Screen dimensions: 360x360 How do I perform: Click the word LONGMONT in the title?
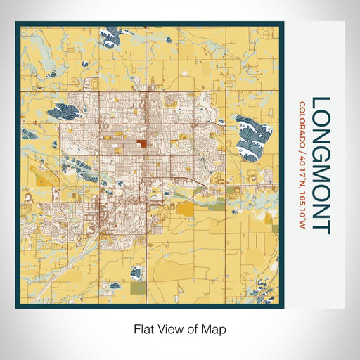[x=320, y=165]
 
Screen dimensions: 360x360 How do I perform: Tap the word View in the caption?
[x=169, y=328]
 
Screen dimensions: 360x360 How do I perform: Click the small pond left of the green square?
[x=120, y=285]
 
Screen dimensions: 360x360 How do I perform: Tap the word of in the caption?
[x=195, y=328]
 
